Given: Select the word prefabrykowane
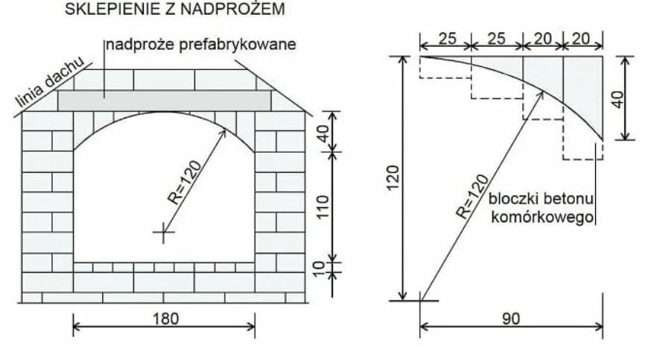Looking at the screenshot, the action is tap(238, 45).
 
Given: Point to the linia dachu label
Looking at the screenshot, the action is tap(49, 81).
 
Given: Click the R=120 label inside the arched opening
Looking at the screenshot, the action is tap(184, 183).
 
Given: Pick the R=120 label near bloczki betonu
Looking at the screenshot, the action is tap(473, 197).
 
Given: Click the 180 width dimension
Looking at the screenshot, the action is tap(166, 319).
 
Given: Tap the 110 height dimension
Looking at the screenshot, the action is tap(323, 206).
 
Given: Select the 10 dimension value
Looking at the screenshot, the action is tap(319, 269).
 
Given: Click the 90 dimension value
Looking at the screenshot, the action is tap(511, 319).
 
